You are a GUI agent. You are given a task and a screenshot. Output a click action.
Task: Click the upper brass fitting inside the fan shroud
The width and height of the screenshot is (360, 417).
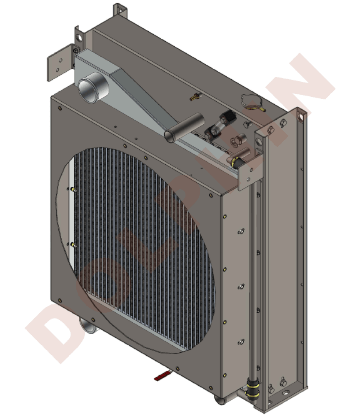[x=74, y=190]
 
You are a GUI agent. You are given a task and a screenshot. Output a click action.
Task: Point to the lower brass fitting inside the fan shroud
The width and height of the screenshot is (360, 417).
[x=74, y=246]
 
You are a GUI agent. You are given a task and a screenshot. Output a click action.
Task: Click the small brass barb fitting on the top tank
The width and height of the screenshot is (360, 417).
[x=194, y=97]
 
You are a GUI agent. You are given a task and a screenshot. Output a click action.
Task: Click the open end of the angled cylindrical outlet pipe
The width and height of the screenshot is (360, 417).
[x=170, y=135]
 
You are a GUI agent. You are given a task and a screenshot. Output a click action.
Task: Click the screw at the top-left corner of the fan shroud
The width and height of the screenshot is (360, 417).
[x=61, y=109]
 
